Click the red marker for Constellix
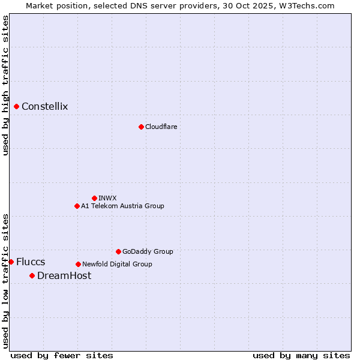[17, 107]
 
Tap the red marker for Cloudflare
[141, 127]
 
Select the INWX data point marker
[94, 198]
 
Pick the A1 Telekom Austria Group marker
[77, 206]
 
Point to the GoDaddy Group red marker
[118, 251]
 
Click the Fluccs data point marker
[11, 262]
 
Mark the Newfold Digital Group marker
[78, 264]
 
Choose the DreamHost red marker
[32, 275]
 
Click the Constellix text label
[45, 107]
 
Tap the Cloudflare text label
[161, 127]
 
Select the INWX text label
[107, 198]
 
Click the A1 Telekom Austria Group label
[122, 206]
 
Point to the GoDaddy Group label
[148, 251]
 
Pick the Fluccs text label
[31, 262]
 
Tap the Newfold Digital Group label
[117, 264]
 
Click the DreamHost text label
[64, 275]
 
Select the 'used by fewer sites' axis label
[62, 355]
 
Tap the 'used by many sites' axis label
[301, 355]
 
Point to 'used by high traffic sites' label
[5, 85]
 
